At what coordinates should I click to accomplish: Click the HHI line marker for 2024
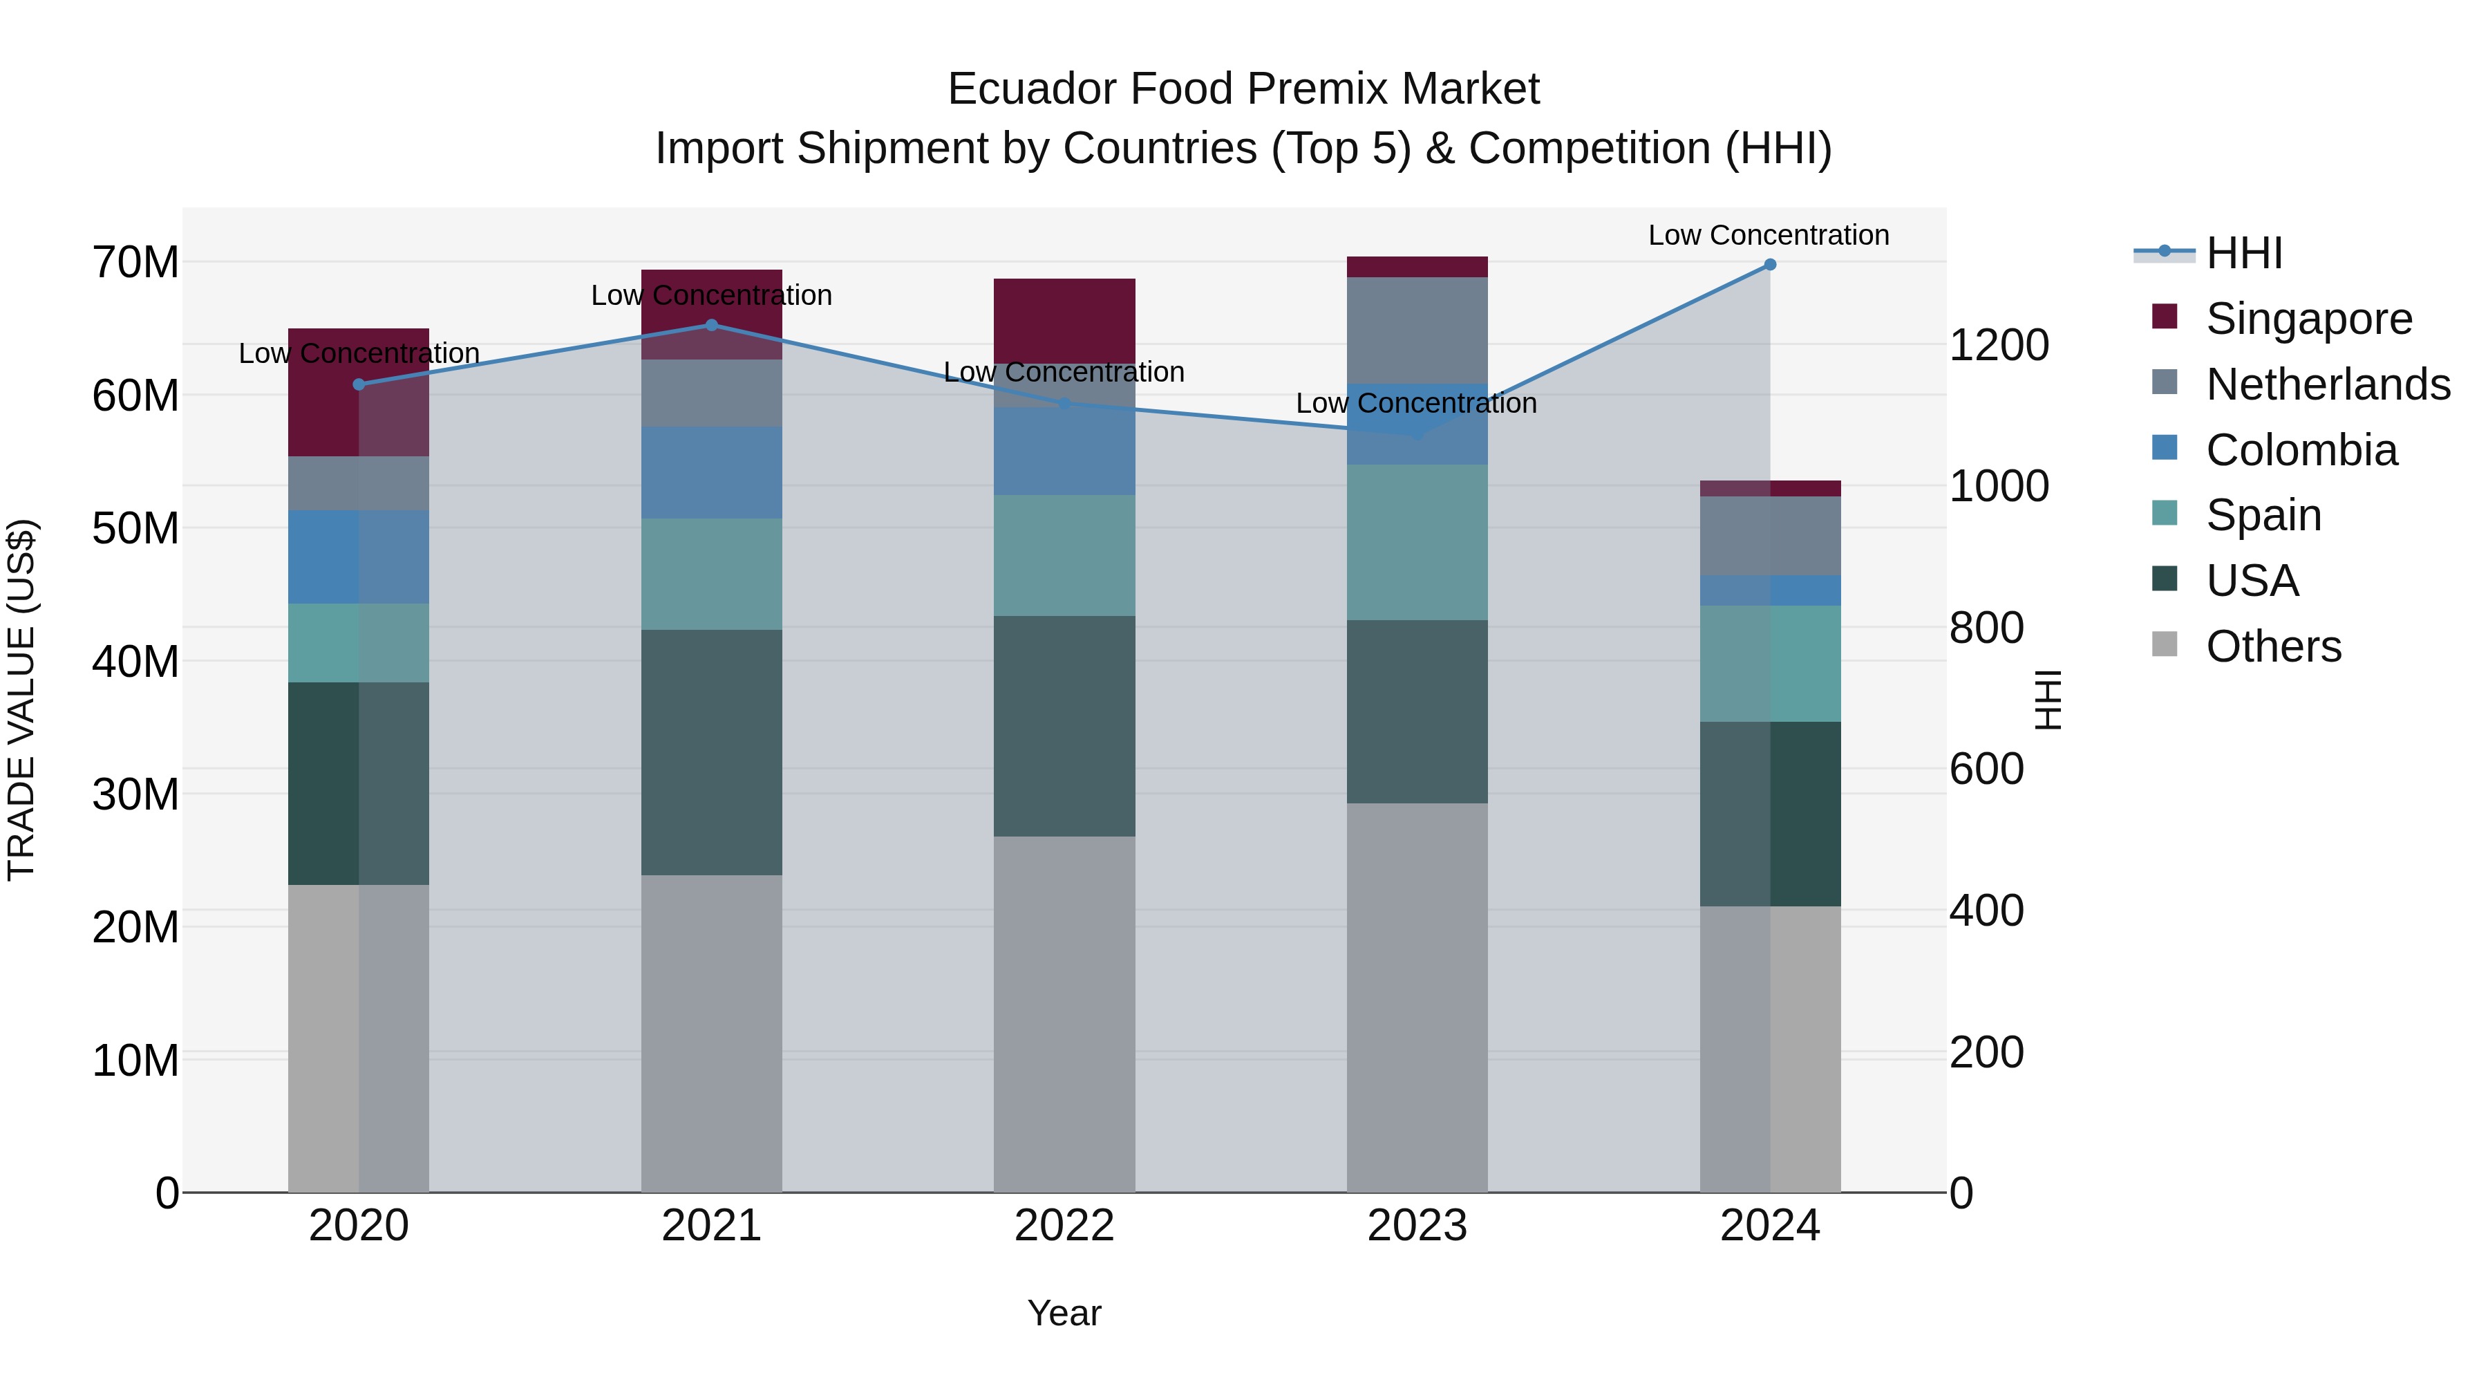pos(1769,265)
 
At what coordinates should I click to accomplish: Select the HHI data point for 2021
pos(712,325)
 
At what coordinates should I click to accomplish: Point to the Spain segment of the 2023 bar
pos(1417,542)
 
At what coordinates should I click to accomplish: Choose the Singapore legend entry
pos(2308,318)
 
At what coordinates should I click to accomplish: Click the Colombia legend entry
pos(2301,449)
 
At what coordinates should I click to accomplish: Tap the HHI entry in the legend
pos(2243,253)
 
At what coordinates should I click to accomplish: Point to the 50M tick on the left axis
pos(135,528)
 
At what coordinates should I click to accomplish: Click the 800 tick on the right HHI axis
pos(1986,627)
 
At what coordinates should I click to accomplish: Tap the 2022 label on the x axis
pos(1064,1225)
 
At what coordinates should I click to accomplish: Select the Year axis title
pos(1064,1313)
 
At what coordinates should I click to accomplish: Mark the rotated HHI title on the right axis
pos(2048,700)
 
